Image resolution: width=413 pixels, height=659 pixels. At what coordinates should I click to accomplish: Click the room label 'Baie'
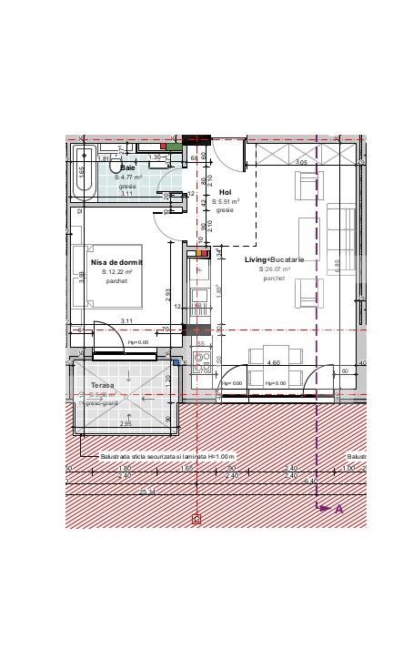pyautogui.click(x=127, y=167)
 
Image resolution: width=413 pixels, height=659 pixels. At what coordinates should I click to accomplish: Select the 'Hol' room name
pyautogui.click(x=225, y=192)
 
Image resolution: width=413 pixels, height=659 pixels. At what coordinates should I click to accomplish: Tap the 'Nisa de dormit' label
pyautogui.click(x=116, y=262)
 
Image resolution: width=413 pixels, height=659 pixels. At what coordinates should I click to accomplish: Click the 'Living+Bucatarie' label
pyautogui.click(x=274, y=260)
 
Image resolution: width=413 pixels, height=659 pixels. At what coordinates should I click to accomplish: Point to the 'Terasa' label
pyautogui.click(x=102, y=386)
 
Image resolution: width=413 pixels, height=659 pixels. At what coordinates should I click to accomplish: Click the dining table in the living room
pyautogui.click(x=273, y=353)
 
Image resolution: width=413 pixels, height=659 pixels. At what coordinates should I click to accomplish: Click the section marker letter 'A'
pyautogui.click(x=339, y=509)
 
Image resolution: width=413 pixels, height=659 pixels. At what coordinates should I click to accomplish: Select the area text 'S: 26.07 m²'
pyautogui.click(x=274, y=269)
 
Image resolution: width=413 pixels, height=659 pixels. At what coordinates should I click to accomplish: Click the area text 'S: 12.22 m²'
pyautogui.click(x=116, y=272)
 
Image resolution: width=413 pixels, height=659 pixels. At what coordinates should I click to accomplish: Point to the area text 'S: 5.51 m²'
pyautogui.click(x=225, y=201)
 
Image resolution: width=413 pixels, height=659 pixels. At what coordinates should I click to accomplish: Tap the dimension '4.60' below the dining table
pyautogui.click(x=273, y=363)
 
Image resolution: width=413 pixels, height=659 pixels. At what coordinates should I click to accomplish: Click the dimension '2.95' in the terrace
pyautogui.click(x=126, y=424)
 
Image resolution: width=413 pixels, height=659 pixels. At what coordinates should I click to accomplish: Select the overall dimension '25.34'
pyautogui.click(x=146, y=492)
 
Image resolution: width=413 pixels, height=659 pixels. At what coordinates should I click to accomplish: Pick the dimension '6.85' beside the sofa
pyautogui.click(x=337, y=264)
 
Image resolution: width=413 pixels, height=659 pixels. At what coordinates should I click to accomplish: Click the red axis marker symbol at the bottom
pyautogui.click(x=196, y=519)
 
